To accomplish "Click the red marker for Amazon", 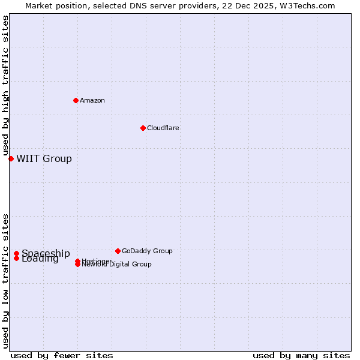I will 76,100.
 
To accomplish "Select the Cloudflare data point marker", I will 143,128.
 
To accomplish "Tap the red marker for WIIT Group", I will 11,158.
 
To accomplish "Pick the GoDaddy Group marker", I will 118,251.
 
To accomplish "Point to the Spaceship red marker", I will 16,253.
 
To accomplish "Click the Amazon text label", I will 92,100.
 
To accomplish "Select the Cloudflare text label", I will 163,128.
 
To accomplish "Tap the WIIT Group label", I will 44,158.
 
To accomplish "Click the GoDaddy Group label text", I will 147,251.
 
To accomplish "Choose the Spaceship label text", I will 46,253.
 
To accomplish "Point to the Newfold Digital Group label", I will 117,264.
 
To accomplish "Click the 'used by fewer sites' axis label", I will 62,355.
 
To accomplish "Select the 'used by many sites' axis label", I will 301,355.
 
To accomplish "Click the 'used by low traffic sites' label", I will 6,281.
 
